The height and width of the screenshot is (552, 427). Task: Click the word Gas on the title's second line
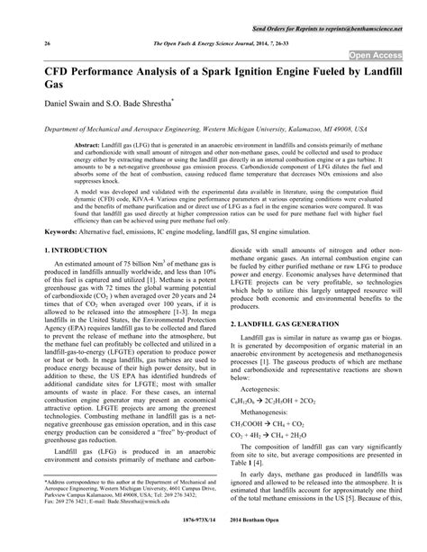53,92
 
